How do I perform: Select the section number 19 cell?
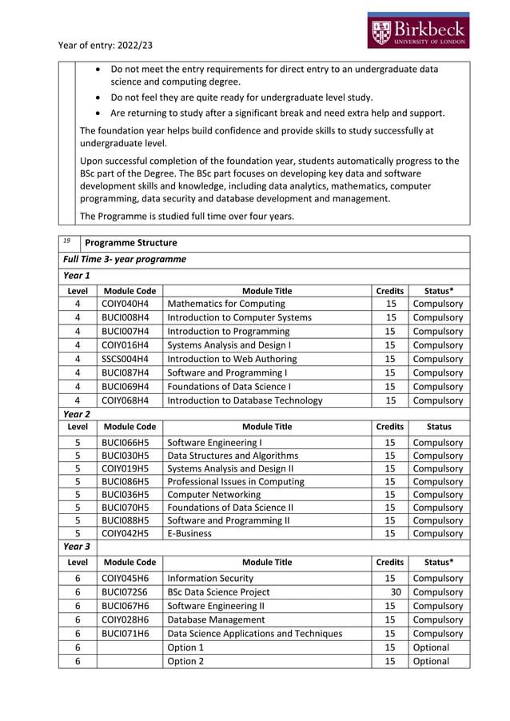click(x=69, y=241)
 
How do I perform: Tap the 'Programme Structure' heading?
click(x=131, y=243)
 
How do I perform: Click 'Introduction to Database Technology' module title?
click(x=245, y=400)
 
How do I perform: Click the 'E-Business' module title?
click(x=189, y=533)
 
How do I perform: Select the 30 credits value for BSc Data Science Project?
click(x=395, y=592)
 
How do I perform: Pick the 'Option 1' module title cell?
click(x=185, y=647)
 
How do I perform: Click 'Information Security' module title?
click(x=210, y=578)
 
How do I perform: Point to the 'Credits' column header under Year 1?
click(x=389, y=291)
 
